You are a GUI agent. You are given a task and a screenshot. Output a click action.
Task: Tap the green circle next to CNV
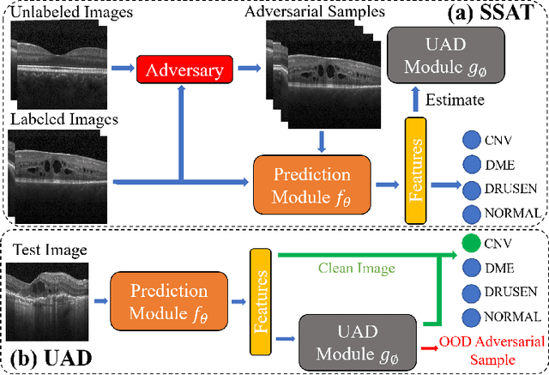click(470, 244)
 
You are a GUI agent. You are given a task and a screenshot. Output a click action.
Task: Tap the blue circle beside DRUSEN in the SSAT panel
click(470, 188)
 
